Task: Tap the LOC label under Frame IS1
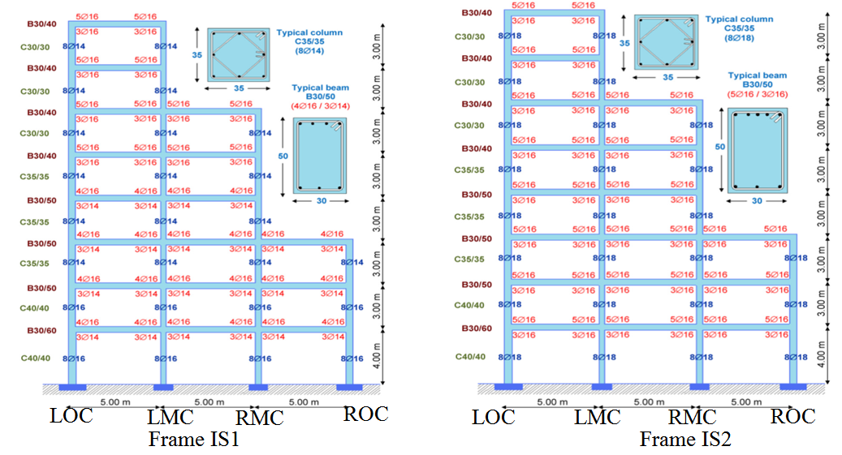coord(71,416)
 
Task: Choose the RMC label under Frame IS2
coord(692,418)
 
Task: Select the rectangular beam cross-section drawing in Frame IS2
coord(756,150)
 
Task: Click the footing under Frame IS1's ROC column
coord(349,385)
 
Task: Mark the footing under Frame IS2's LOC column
coord(508,386)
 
